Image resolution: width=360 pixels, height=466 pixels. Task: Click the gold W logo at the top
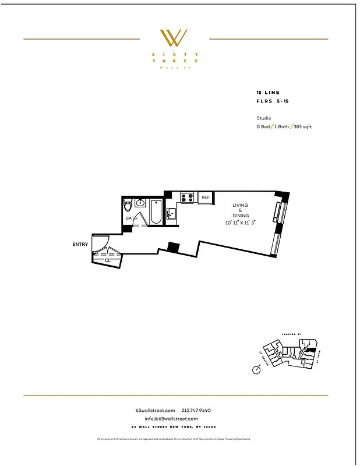pos(174,38)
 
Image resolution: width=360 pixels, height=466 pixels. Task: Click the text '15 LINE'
pos(268,93)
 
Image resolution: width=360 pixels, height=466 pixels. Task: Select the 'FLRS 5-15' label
pos(271,101)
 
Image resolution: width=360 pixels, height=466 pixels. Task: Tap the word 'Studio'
pos(264,118)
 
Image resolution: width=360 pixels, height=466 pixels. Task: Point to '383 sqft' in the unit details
pos(302,126)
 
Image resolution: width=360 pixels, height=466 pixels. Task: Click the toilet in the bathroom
pos(128,207)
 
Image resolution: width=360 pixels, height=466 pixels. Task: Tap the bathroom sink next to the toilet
pos(140,203)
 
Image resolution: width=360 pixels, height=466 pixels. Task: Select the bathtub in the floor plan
pos(156,212)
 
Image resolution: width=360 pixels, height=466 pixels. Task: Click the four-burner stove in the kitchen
pos(187,197)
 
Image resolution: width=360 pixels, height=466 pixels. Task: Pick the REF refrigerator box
pos(205,198)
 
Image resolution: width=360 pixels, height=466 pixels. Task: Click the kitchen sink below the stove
pos(171,213)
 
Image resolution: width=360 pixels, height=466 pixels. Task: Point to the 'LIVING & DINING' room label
pos(241,210)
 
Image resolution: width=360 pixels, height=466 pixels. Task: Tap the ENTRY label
pos(80,245)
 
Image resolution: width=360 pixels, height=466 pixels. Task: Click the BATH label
pos(131,218)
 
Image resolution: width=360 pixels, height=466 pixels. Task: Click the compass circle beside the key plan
pos(256,370)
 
